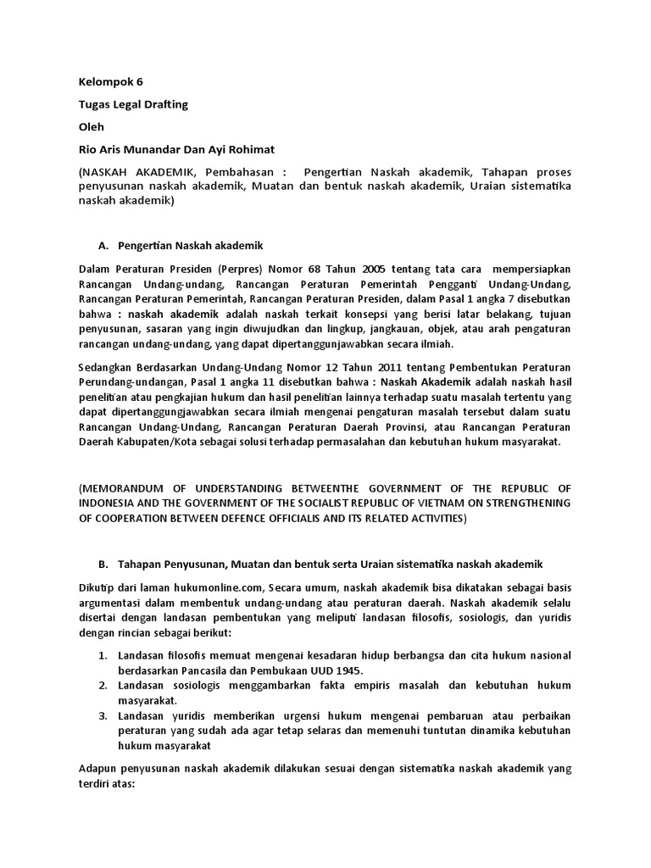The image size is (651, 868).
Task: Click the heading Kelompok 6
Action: point(111,82)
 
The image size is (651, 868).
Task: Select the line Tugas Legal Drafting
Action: point(133,104)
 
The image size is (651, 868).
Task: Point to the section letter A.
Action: point(103,246)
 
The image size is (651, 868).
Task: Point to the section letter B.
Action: point(103,564)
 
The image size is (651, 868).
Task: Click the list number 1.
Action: point(103,655)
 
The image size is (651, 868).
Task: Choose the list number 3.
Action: point(103,716)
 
